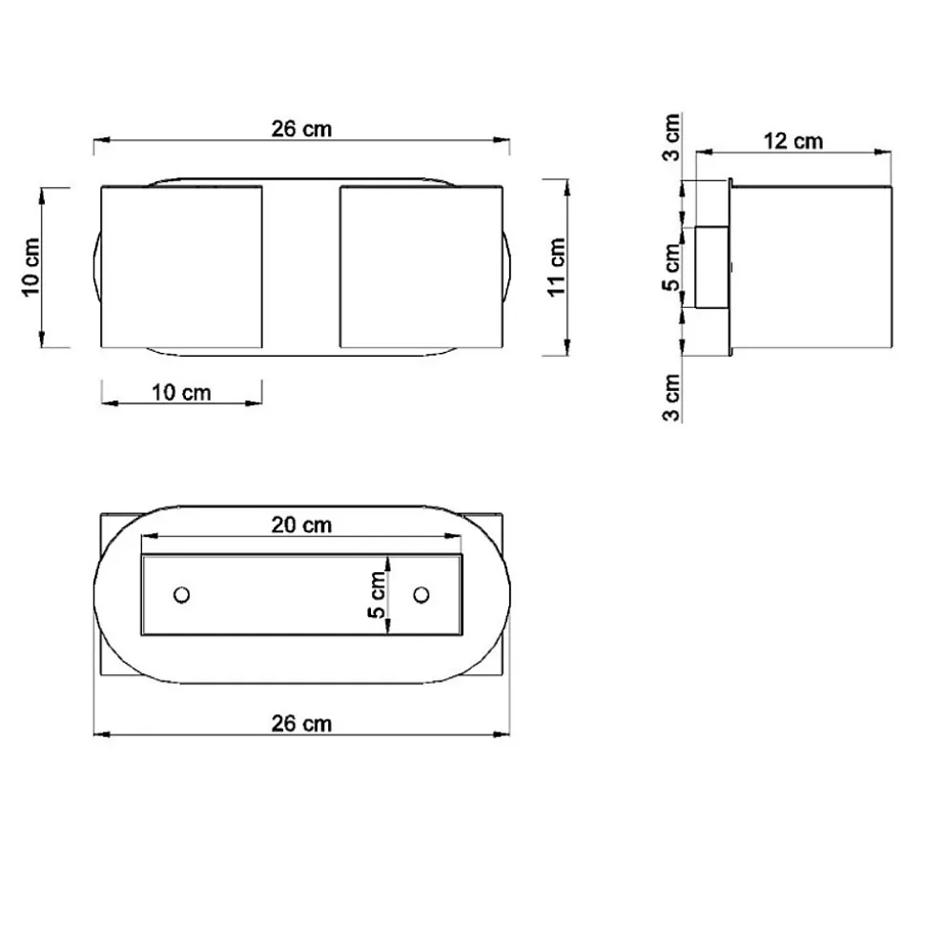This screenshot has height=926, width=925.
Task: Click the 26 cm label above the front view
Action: click(x=301, y=129)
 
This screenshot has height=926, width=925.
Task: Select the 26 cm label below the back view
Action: click(x=301, y=724)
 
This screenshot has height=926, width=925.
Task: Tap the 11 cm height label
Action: click(x=557, y=267)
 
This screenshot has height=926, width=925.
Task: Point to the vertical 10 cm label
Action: click(x=31, y=267)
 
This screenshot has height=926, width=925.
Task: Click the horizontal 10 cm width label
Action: click(x=181, y=392)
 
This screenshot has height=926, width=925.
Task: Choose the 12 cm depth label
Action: click(x=793, y=141)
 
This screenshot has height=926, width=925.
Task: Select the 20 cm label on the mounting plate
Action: click(x=301, y=525)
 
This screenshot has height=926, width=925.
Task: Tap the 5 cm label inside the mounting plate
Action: click(x=377, y=595)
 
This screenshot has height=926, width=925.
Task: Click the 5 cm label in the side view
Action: click(x=671, y=268)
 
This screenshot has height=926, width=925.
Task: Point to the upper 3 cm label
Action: click(x=671, y=137)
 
